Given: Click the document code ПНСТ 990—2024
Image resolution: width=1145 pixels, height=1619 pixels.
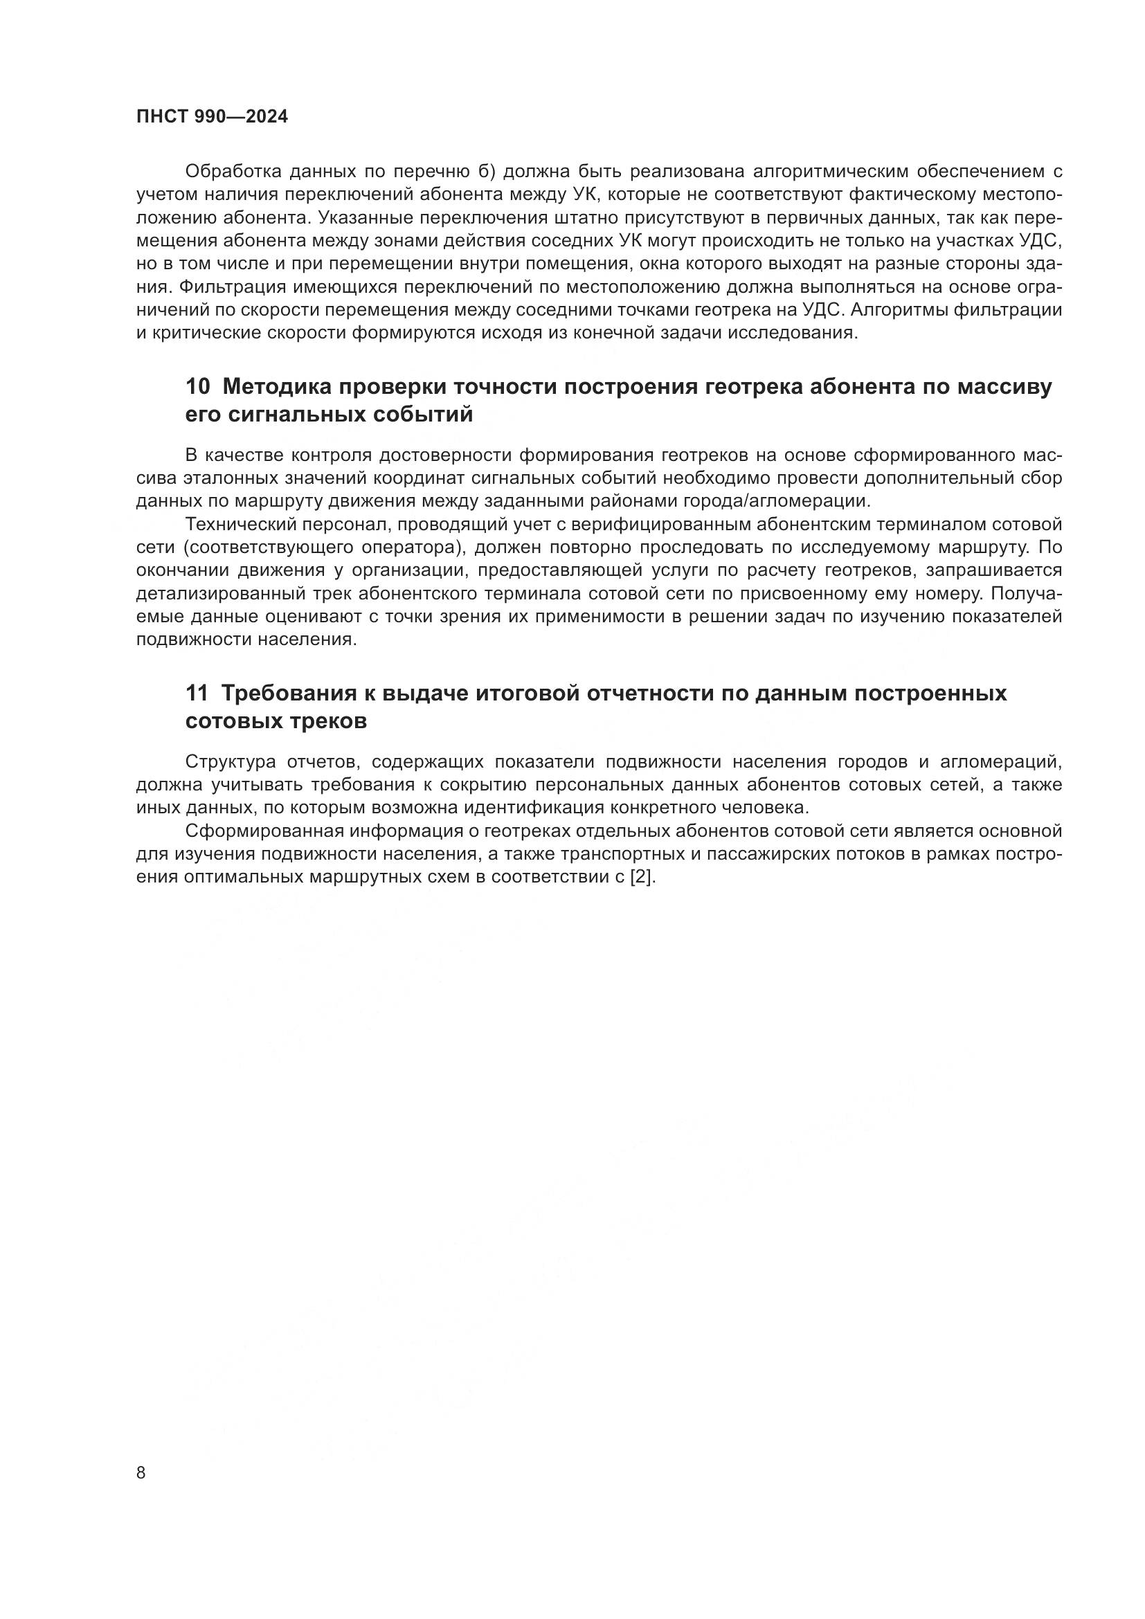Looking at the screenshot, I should pyautogui.click(x=212, y=117).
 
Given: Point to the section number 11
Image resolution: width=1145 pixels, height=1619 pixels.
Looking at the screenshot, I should pyautogui.click(x=197, y=693).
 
